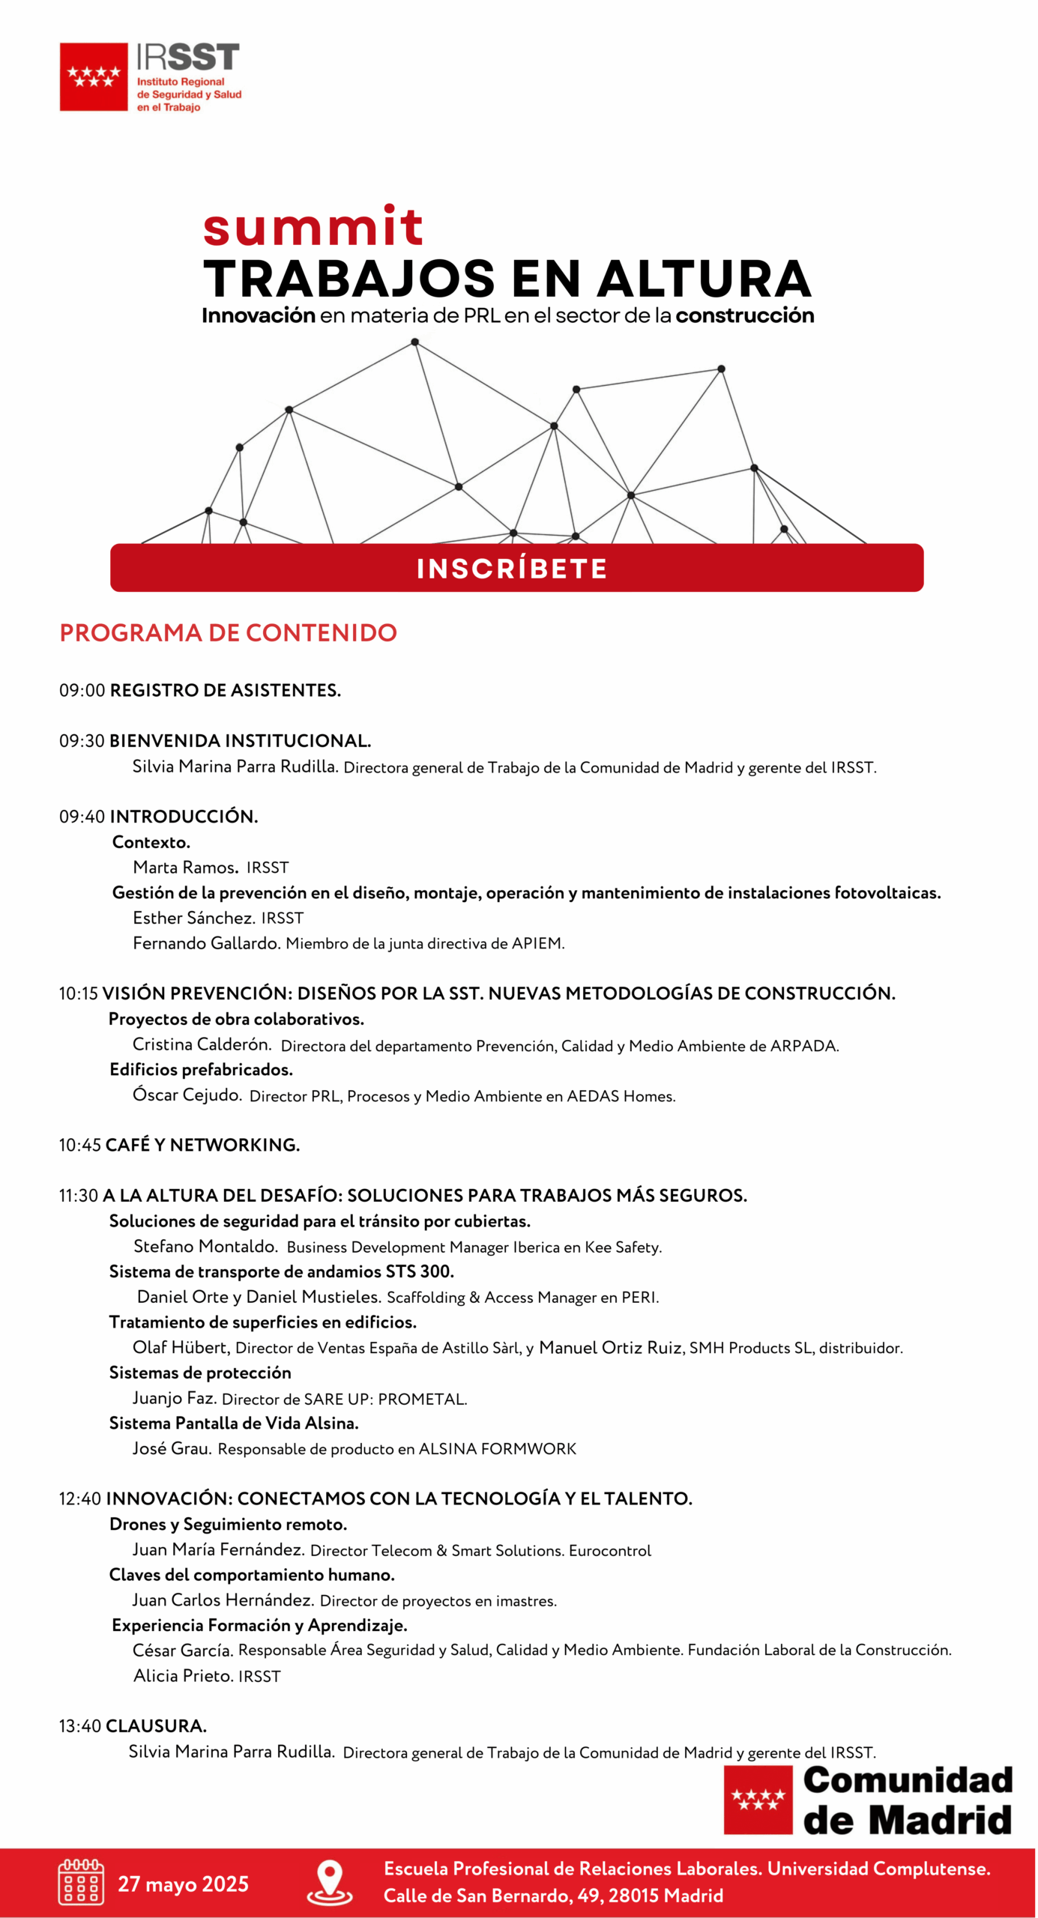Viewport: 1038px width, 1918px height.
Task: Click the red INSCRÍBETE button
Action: click(x=516, y=568)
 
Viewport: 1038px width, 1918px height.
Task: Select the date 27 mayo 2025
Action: click(x=183, y=1884)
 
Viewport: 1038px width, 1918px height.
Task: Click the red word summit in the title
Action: click(x=313, y=226)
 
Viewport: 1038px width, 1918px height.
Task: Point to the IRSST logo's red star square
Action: click(x=94, y=76)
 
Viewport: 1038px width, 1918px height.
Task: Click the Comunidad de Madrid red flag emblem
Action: click(x=758, y=1799)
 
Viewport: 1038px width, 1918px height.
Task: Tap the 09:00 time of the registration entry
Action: click(x=82, y=690)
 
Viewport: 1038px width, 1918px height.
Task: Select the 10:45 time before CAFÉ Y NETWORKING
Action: click(x=80, y=1145)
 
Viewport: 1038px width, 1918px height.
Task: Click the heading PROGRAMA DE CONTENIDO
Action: click(x=228, y=632)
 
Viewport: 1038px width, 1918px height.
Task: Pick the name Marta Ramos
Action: click(x=185, y=867)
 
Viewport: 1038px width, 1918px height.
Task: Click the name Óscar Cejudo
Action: click(x=187, y=1095)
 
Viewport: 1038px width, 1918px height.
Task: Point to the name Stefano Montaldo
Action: click(x=205, y=1246)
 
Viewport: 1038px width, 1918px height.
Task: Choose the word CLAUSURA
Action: click(x=156, y=1725)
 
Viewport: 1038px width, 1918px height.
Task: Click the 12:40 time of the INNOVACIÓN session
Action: click(x=80, y=1498)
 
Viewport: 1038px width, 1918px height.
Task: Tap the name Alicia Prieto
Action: click(x=182, y=1675)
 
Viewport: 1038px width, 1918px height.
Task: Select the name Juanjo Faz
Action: click(x=174, y=1397)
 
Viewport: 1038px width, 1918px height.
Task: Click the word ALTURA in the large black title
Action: click(x=704, y=279)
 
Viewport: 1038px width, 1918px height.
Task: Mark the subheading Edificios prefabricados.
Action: click(x=201, y=1069)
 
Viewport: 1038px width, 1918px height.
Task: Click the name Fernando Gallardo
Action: click(x=206, y=943)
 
